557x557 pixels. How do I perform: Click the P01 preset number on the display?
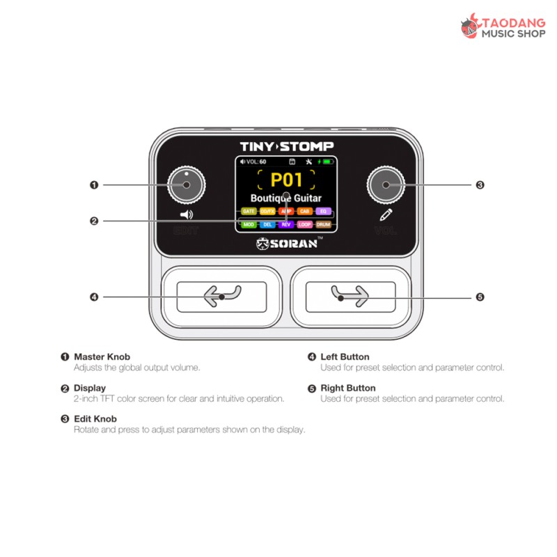click(x=286, y=180)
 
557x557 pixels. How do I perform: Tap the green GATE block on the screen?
click(x=249, y=211)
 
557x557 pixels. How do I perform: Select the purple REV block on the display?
click(x=286, y=225)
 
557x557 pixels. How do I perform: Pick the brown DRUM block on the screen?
click(x=323, y=225)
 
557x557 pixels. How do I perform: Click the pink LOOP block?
click(x=305, y=225)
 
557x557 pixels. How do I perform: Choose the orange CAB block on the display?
click(x=305, y=211)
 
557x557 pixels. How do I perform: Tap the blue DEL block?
click(x=267, y=225)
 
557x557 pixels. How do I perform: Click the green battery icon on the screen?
click(x=327, y=162)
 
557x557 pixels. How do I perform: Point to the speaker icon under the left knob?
click(x=186, y=215)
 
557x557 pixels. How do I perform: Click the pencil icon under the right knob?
click(x=386, y=215)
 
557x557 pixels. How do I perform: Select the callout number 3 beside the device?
click(x=480, y=185)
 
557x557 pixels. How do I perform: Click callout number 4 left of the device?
click(x=94, y=297)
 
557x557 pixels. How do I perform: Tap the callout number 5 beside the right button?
click(x=480, y=297)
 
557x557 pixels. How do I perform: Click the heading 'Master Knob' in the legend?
click(x=102, y=357)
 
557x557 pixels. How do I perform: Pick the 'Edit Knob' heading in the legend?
click(x=95, y=419)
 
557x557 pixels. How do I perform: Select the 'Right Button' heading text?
click(x=347, y=389)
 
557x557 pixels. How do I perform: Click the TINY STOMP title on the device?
click(x=286, y=146)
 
